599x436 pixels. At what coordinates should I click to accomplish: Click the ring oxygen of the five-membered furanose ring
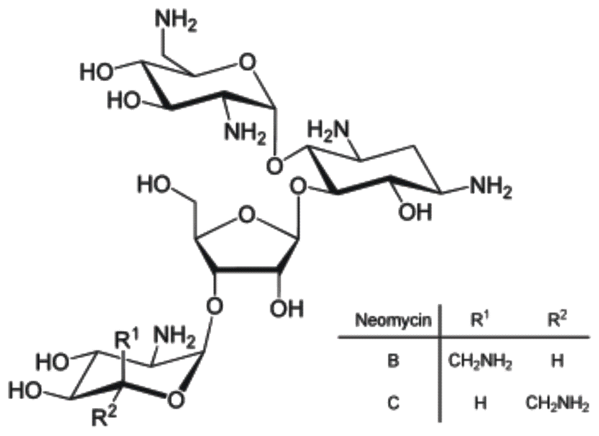coord(246,215)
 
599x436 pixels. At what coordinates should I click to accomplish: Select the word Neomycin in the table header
coord(393,320)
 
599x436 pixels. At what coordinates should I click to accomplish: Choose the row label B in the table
coord(393,360)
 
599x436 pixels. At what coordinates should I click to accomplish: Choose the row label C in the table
coord(393,404)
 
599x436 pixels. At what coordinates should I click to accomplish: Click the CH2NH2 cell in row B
coord(480,362)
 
